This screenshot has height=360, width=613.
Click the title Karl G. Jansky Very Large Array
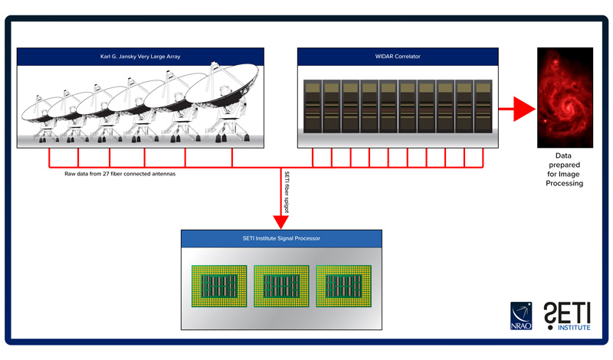[140, 56]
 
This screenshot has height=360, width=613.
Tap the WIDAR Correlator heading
[398, 56]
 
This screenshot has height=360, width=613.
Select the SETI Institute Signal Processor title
[281, 238]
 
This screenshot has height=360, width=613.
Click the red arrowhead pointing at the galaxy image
[524, 109]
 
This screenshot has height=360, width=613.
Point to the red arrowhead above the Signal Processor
[280, 221]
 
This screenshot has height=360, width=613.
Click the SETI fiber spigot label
[287, 192]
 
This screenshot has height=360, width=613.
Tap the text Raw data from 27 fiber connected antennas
[120, 174]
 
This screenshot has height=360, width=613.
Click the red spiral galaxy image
[565, 98]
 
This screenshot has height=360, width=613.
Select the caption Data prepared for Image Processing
[564, 169]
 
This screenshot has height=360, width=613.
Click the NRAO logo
[521, 316]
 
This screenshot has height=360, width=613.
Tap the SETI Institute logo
[567, 316]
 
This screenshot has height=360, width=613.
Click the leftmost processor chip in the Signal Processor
[219, 286]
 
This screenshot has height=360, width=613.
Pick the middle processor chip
[281, 286]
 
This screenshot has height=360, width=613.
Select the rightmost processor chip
[343, 286]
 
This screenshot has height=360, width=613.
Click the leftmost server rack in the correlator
[313, 106]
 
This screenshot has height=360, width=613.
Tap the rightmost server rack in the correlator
[484, 106]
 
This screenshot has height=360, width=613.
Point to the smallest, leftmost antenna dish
[42, 111]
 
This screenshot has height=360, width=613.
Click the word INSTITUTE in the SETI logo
[574, 328]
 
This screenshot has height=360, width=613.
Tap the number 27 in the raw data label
[106, 174]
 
